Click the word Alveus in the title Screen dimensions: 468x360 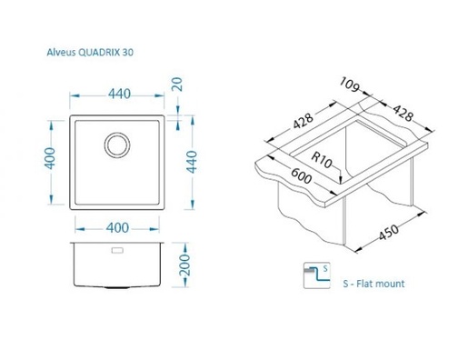61,53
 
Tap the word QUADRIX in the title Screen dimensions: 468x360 99,53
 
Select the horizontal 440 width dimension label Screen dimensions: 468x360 119,94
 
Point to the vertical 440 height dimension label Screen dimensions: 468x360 192,162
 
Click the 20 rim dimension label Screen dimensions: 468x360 177,85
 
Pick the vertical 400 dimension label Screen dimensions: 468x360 50,158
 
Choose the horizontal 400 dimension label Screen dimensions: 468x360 117,228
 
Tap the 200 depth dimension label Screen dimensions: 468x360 184,265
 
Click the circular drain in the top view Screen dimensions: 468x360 117,145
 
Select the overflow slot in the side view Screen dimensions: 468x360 117,250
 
